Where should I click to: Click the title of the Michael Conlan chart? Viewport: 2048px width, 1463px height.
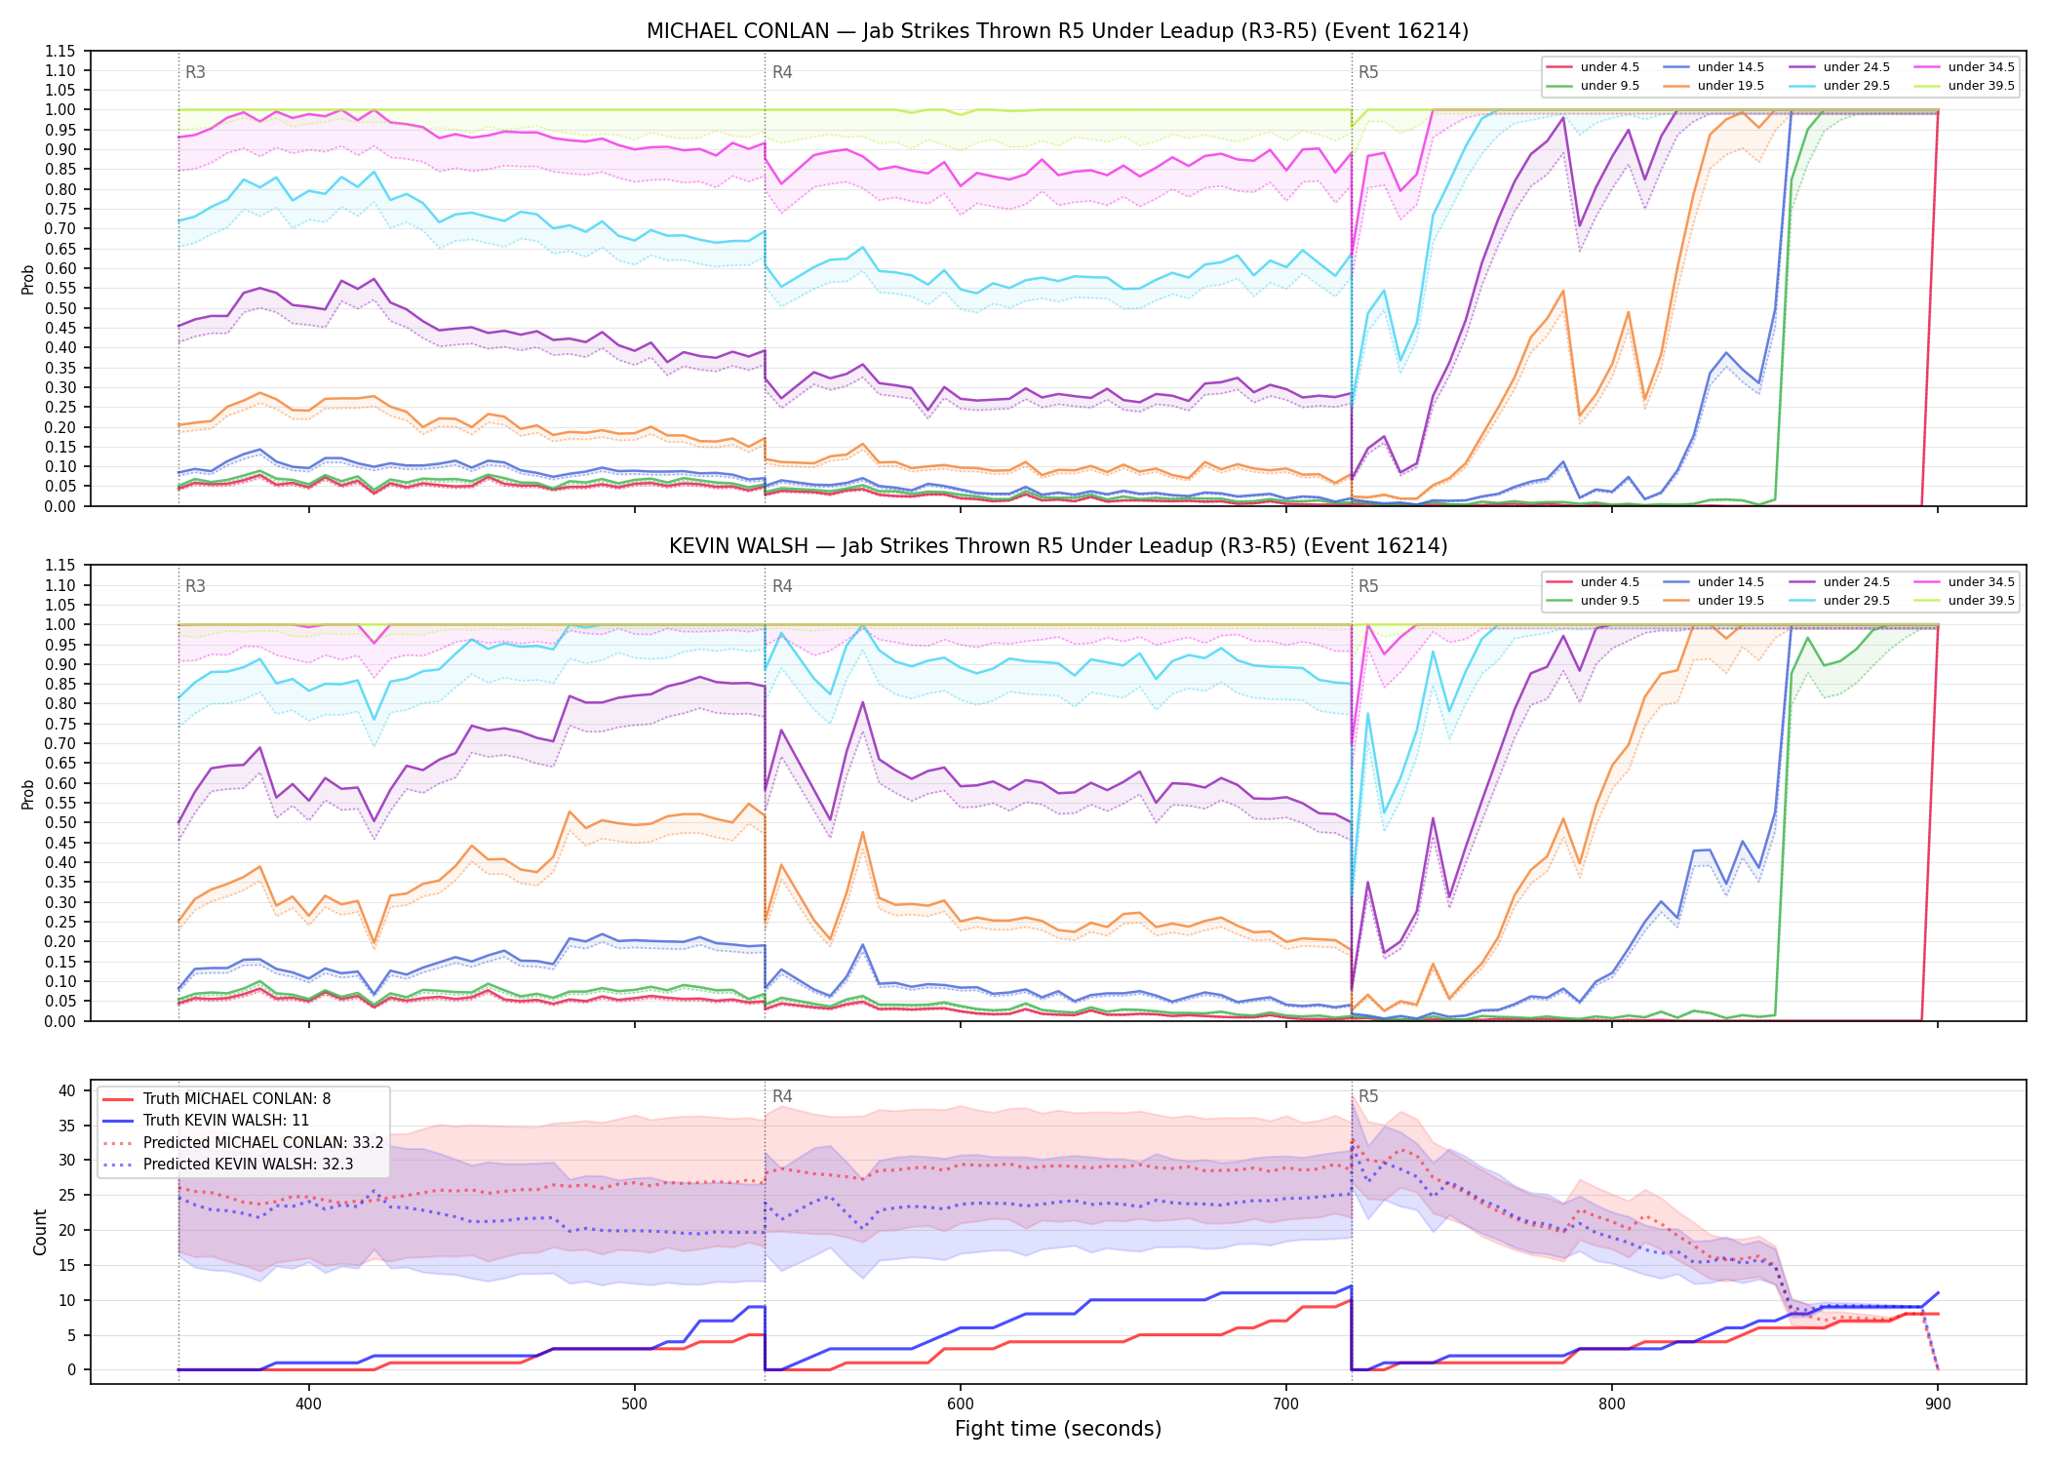(1057, 31)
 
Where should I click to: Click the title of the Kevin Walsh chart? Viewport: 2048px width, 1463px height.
(1057, 546)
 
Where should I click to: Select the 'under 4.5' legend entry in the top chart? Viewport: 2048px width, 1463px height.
(1593, 67)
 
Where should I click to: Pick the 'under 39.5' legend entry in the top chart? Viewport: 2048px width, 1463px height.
(1960, 86)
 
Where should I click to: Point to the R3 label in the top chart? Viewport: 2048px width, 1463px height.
(195, 72)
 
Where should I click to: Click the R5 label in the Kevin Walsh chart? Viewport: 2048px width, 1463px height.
(1368, 586)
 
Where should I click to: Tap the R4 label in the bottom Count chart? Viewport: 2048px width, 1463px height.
(782, 1096)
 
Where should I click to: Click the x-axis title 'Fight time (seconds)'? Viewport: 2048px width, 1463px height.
(1058, 1429)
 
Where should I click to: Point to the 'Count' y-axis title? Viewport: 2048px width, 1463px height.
(40, 1232)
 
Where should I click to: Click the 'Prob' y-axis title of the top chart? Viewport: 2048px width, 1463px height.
(28, 279)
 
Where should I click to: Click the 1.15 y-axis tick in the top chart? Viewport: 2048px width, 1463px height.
(60, 51)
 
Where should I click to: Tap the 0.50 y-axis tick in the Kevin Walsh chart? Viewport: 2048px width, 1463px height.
(60, 822)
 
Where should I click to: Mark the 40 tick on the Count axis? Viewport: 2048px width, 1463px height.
(67, 1090)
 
